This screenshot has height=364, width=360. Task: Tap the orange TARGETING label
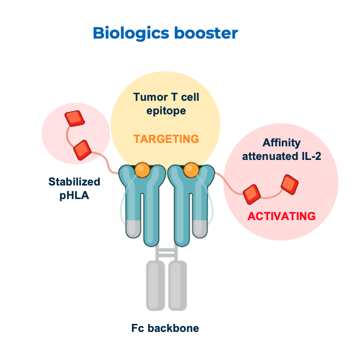pyautogui.click(x=166, y=139)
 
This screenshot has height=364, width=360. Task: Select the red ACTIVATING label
pyautogui.click(x=281, y=216)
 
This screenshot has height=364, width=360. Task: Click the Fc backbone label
pyautogui.click(x=165, y=328)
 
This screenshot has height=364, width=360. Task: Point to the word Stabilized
pyautogui.click(x=74, y=181)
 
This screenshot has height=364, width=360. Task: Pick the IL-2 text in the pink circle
pyautogui.click(x=308, y=156)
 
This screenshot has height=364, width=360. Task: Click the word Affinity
pyautogui.click(x=281, y=142)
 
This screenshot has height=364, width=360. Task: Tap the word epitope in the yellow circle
pyautogui.click(x=166, y=110)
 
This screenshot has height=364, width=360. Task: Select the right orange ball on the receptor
pyautogui.click(x=191, y=169)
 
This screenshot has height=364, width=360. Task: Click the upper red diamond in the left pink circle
pyautogui.click(x=75, y=118)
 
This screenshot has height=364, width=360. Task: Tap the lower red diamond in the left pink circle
pyautogui.click(x=82, y=149)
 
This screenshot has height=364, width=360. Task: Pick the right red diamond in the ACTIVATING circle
pyautogui.click(x=289, y=184)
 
